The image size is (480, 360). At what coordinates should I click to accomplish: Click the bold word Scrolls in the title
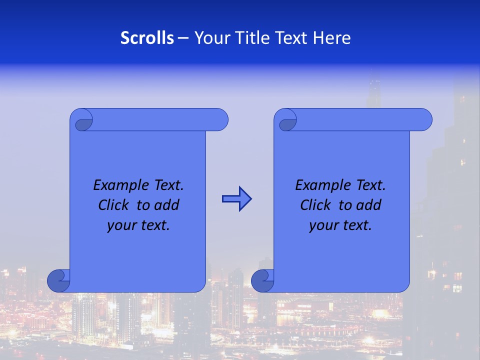pos(147,38)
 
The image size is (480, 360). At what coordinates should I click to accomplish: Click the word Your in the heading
pos(211,38)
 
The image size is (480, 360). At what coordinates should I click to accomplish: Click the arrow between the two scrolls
pos(236,199)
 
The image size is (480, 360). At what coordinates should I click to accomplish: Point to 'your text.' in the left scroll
pos(138,225)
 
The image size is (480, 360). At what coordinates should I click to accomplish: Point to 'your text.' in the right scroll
pos(340,225)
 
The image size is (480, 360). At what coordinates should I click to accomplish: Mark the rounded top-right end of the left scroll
pos(220,119)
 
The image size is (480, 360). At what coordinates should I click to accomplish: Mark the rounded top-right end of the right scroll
pos(424,119)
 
